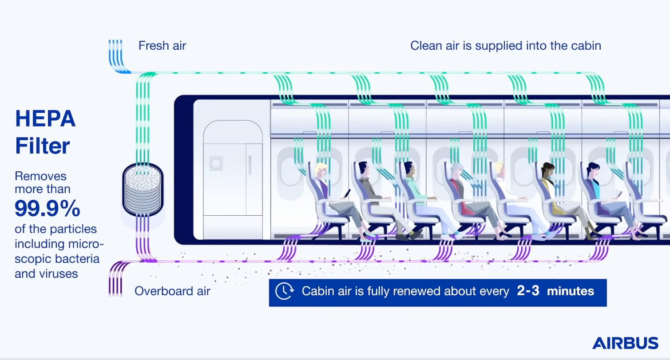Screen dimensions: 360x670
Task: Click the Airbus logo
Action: (625, 343)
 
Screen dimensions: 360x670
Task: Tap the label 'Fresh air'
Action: (162, 46)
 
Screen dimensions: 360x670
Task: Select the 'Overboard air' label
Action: (172, 291)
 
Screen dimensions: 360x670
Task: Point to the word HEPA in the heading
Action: (45, 119)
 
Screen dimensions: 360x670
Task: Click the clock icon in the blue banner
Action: (284, 291)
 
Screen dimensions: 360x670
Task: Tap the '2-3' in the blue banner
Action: (528, 291)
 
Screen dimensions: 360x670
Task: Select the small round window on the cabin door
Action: (216, 163)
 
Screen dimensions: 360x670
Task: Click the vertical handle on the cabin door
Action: (250, 165)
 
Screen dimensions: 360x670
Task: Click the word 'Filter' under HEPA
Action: (43, 146)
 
